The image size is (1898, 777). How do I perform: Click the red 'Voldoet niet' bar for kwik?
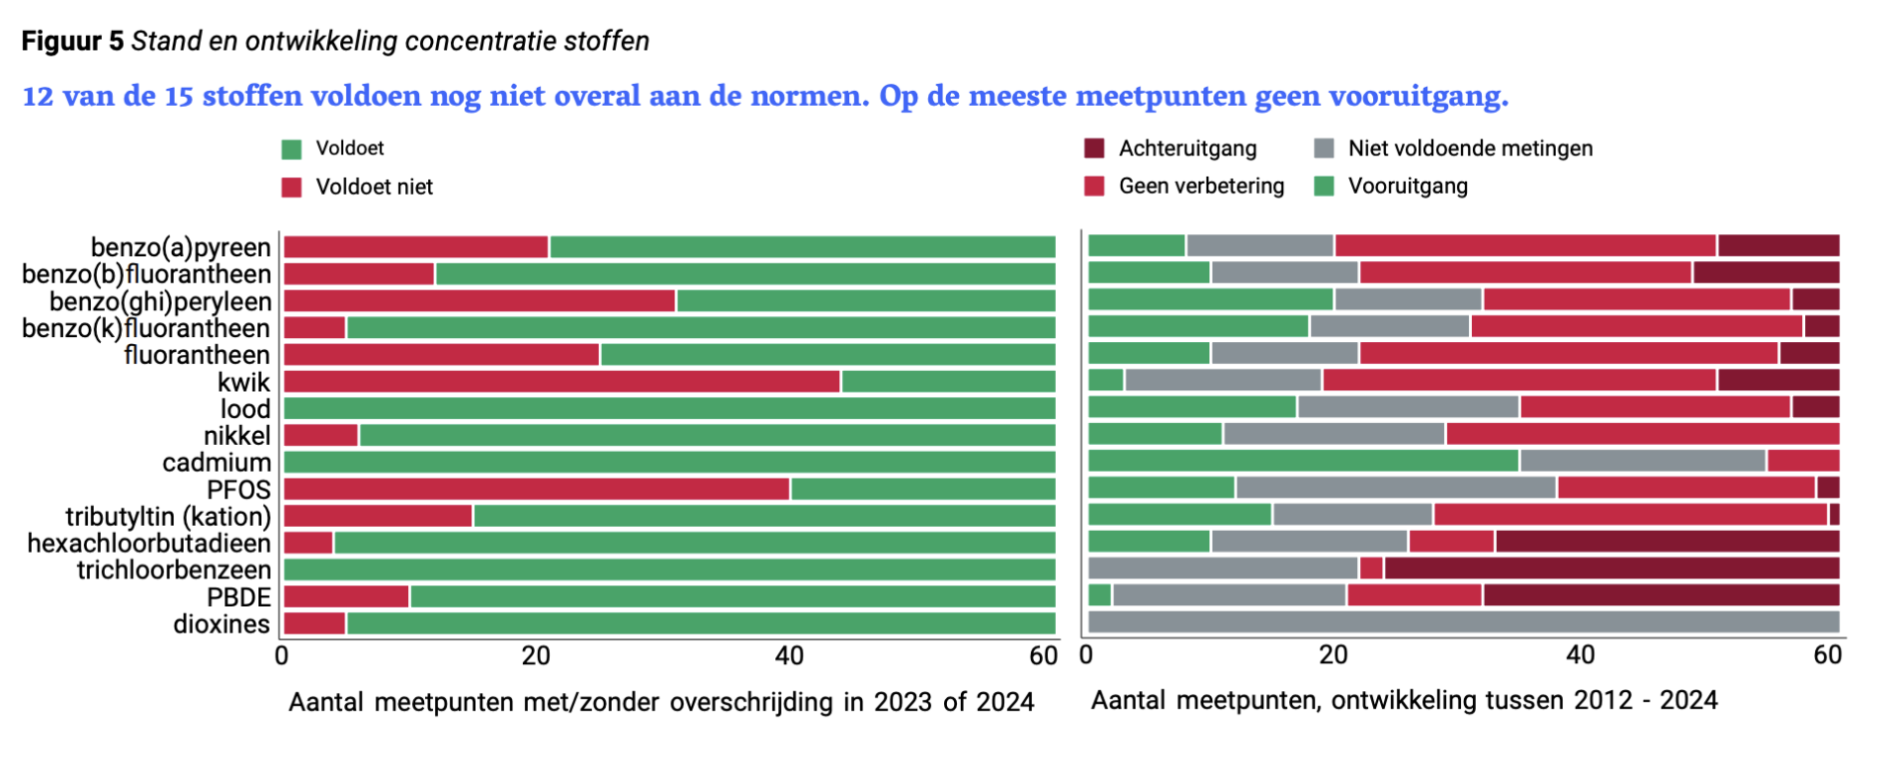click(x=561, y=382)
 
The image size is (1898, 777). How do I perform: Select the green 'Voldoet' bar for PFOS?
click(x=922, y=488)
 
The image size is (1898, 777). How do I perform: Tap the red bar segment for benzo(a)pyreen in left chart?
click(x=416, y=247)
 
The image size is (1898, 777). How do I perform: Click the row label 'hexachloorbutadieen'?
click(x=149, y=544)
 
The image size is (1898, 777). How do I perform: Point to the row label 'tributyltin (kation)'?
click(x=168, y=517)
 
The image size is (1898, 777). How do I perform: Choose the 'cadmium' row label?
click(x=216, y=463)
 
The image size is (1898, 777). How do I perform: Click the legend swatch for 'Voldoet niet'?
click(x=292, y=188)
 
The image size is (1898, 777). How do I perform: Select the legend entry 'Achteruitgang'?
click(x=1187, y=148)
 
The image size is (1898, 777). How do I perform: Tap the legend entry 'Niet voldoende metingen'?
click(x=1470, y=148)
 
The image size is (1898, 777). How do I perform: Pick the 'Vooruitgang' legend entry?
click(x=1408, y=186)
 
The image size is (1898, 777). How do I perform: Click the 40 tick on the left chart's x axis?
click(x=789, y=655)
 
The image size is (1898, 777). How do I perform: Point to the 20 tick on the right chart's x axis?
click(x=1334, y=654)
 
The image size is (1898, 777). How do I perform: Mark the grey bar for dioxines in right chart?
click(x=1463, y=622)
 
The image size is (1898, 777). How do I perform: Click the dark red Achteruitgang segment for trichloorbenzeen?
click(x=1611, y=567)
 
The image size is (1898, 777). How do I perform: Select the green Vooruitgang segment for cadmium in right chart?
click(x=1303, y=461)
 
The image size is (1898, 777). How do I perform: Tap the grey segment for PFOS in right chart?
click(x=1396, y=487)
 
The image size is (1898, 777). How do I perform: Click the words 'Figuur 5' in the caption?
click(x=73, y=42)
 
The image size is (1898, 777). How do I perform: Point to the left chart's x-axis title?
click(x=661, y=702)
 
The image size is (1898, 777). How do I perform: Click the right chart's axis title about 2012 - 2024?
click(x=1404, y=700)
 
